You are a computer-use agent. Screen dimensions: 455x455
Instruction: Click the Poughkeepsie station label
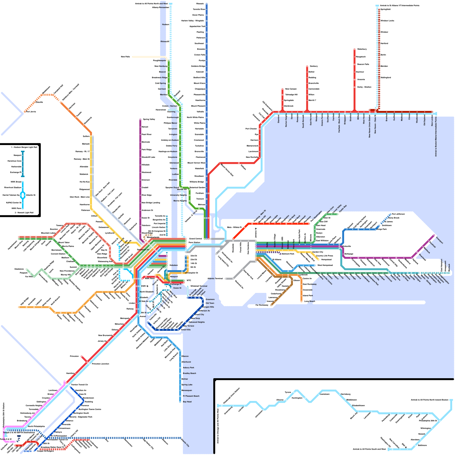pos(159,61)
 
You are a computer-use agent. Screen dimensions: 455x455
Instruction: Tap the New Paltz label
pos(125,57)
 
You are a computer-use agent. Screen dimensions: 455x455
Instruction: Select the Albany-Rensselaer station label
pos(160,7)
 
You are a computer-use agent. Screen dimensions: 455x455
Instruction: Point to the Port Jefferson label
pos(398,214)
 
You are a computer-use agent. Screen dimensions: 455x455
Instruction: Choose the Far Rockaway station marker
pos(271,305)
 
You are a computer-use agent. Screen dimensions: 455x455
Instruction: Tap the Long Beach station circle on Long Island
pos(301,301)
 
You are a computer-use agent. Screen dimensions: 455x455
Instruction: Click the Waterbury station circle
pos(354,49)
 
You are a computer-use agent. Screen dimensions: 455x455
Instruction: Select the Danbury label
pos(314,66)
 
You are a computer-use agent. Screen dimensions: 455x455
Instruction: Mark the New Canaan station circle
pos(282,89)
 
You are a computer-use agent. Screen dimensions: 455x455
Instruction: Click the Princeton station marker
pos(81,356)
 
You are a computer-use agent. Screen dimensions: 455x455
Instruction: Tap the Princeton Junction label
pos(100,364)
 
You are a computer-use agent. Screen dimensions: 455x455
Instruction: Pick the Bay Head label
pos(187,402)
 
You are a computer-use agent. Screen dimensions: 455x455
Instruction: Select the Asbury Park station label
pos(188,368)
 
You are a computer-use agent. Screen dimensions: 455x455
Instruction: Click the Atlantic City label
pos(185,442)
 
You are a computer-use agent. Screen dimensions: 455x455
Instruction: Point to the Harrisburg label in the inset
pos(345,394)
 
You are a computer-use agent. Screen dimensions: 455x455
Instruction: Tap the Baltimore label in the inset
pos(422,445)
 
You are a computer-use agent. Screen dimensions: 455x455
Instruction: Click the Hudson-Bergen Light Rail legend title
pos(24,147)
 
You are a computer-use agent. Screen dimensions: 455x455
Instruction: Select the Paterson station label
pos(86,210)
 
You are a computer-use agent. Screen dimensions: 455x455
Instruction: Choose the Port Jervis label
pos(31,112)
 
